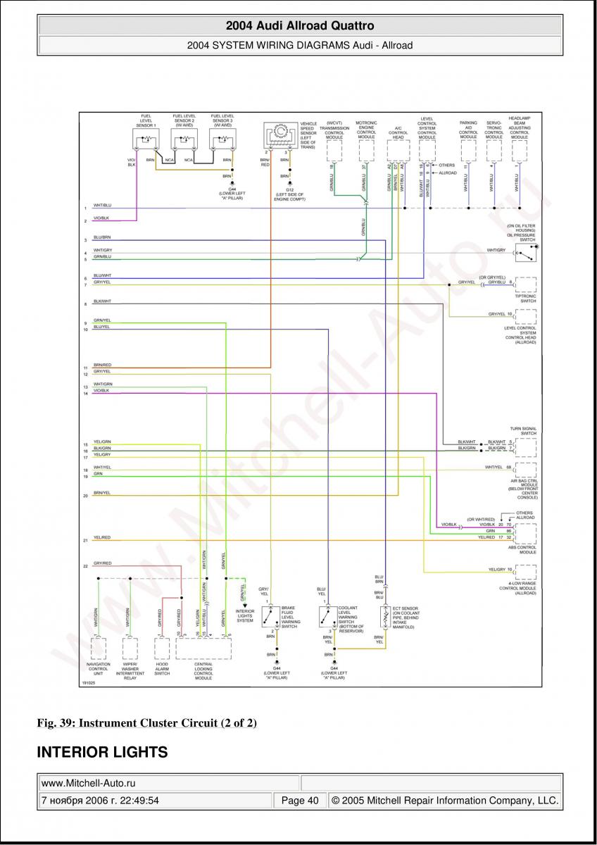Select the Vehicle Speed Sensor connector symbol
pyautogui.click(x=280, y=133)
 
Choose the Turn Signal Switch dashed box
pyautogui.click(x=525, y=446)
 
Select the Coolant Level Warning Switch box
pyautogui.click(x=327, y=618)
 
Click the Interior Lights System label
pyautogui.click(x=245, y=615)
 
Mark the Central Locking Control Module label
pyautogui.click(x=203, y=670)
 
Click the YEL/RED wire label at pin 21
pyautogui.click(x=102, y=537)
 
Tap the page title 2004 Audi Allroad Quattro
pyautogui.click(x=300, y=26)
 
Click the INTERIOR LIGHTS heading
pyautogui.click(x=102, y=752)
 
